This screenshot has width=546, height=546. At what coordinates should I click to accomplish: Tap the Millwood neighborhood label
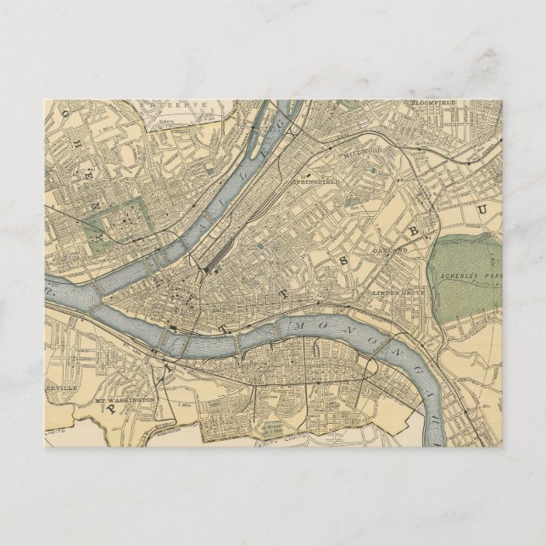[x=360, y=153]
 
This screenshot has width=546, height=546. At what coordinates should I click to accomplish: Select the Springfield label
[x=315, y=181]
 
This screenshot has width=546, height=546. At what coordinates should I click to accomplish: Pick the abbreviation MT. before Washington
[x=101, y=398]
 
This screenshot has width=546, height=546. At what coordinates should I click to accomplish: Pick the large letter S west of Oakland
[x=344, y=259]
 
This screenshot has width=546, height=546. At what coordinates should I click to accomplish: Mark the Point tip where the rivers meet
[x=103, y=298]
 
